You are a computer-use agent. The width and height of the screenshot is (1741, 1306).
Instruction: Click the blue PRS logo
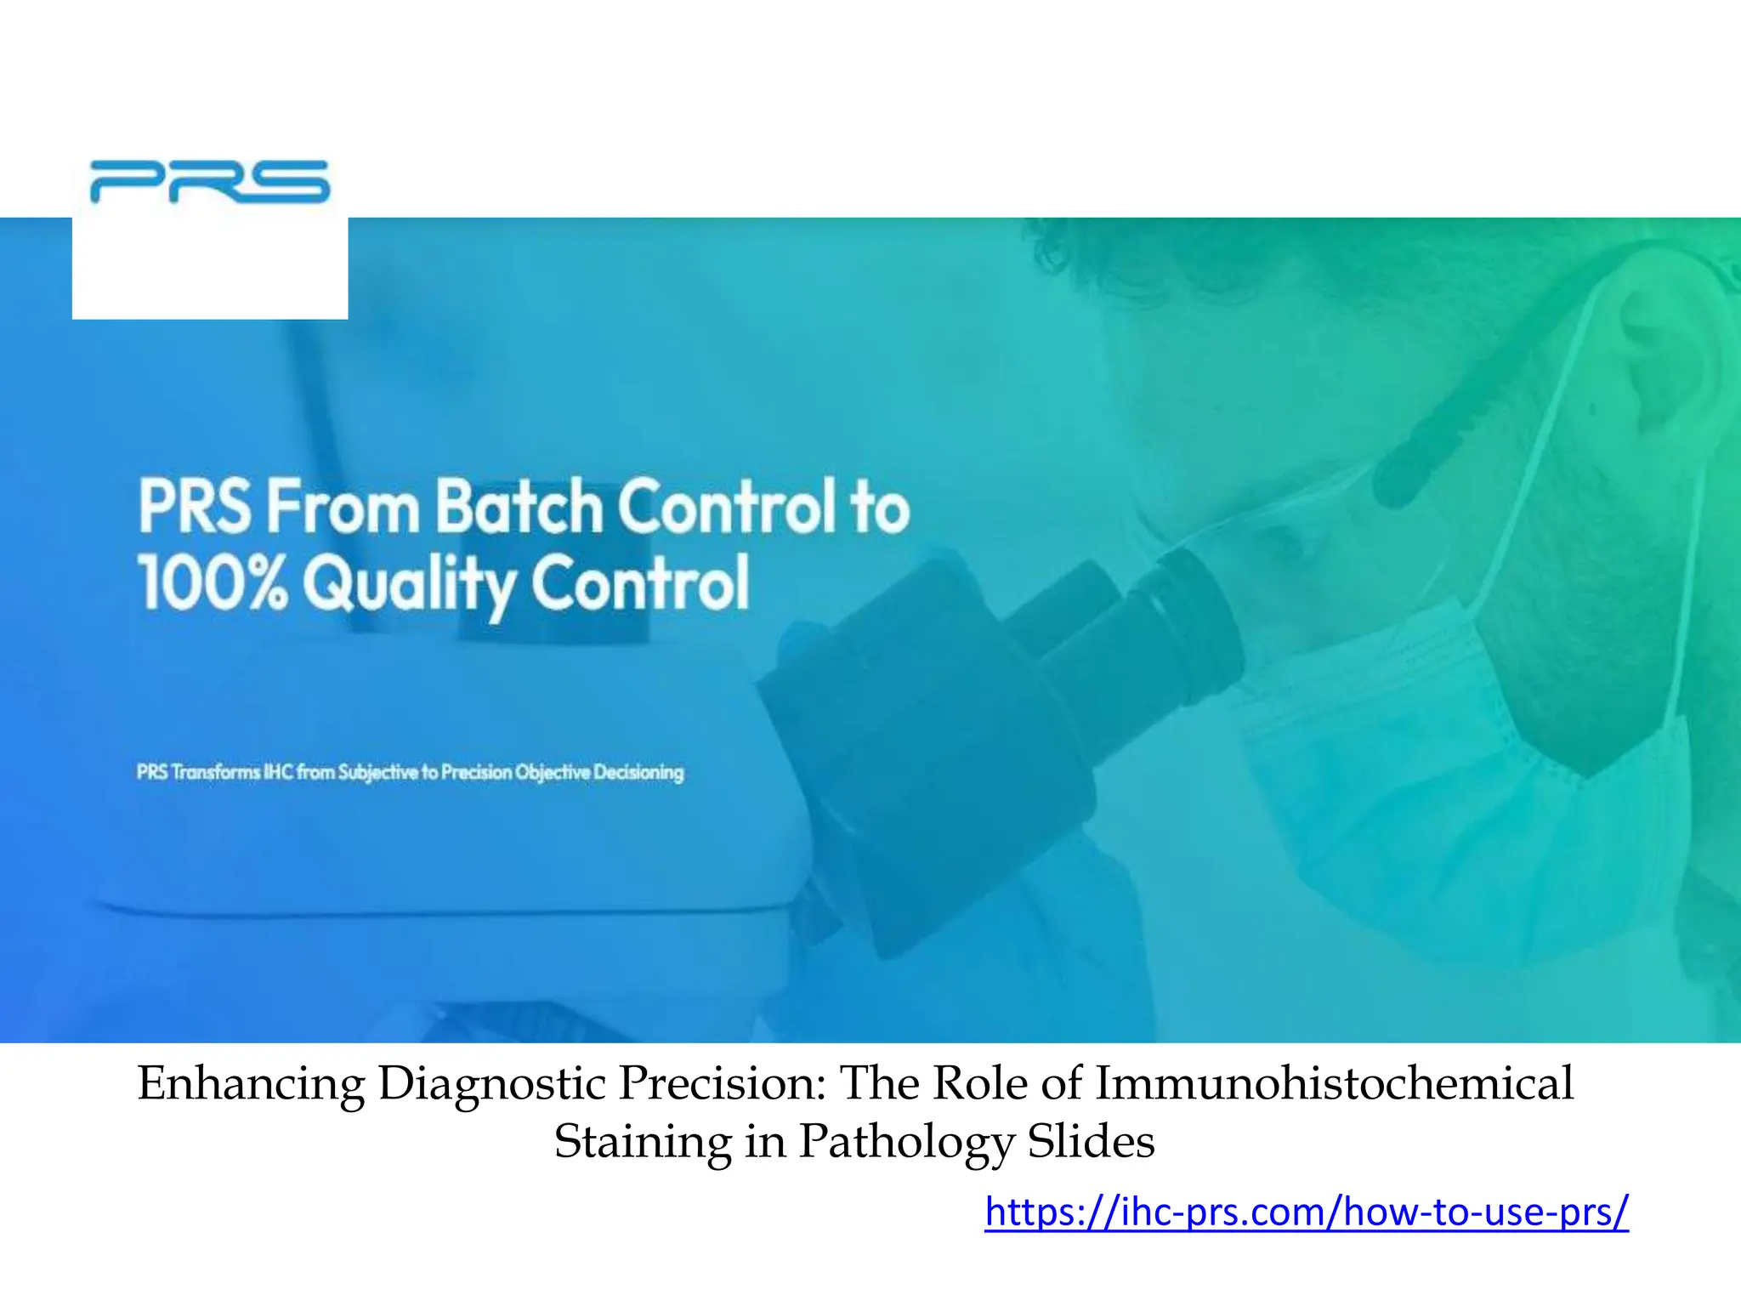pos(209,182)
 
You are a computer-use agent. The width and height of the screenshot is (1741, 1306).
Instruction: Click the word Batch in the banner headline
pos(519,508)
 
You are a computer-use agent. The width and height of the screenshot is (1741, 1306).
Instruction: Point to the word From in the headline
pos(343,508)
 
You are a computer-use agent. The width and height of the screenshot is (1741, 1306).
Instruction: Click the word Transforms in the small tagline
pos(216,772)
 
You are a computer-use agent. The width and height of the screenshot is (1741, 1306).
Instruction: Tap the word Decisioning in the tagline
pos(638,772)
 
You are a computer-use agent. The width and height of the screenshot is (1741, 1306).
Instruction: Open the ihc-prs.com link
pos(1307,1211)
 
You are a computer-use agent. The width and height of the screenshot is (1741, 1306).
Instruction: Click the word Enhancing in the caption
pos(252,1084)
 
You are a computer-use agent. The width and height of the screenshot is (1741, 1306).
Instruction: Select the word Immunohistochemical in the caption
pos(1334,1084)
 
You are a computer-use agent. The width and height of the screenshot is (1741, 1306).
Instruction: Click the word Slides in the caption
pos(1092,1141)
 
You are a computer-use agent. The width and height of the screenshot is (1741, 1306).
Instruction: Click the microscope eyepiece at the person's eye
pos(1190,595)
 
